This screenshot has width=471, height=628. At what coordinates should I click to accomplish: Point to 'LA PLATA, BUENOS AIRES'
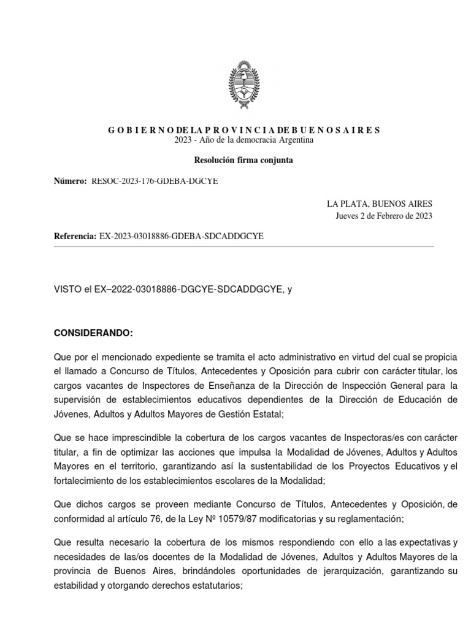(x=380, y=204)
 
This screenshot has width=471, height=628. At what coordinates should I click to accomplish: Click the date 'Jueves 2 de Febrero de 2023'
(x=384, y=215)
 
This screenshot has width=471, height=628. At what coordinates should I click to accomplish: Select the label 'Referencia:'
(x=75, y=236)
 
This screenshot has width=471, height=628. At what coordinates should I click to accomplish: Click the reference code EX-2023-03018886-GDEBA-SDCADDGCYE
(x=181, y=236)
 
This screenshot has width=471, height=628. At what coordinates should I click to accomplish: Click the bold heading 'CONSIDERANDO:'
(x=93, y=333)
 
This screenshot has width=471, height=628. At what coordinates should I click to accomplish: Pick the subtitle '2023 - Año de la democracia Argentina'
(x=244, y=140)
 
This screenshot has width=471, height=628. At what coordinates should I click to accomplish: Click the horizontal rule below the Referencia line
(x=243, y=247)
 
